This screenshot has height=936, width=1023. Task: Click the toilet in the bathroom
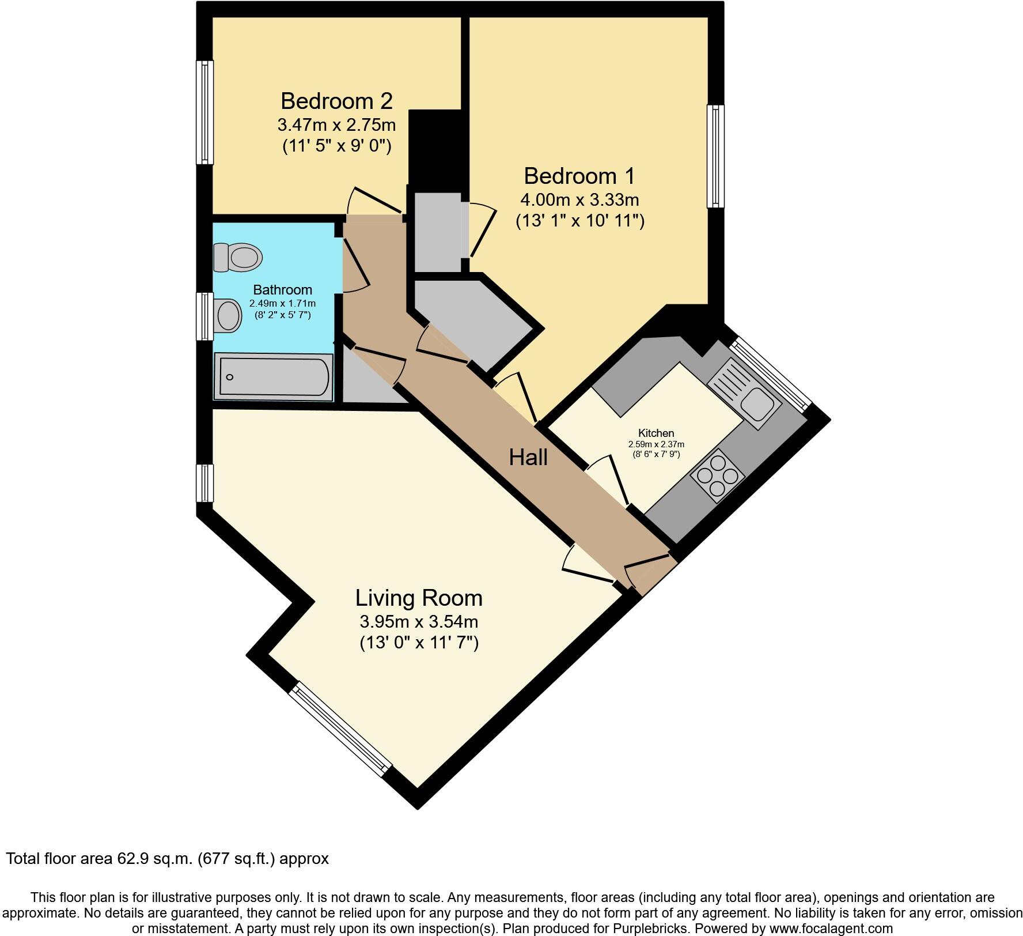click(237, 257)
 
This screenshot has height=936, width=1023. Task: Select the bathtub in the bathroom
click(274, 377)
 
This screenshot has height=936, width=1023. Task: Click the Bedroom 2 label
click(336, 101)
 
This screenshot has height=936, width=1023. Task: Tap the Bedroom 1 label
click(579, 175)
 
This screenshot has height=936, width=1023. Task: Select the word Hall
click(528, 458)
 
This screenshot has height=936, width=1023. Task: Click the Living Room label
click(419, 598)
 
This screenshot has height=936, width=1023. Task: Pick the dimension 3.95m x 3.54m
click(419, 622)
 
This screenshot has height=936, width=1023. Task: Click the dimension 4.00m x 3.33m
click(579, 200)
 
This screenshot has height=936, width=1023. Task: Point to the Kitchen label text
click(656, 433)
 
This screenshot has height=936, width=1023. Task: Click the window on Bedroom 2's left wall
click(204, 112)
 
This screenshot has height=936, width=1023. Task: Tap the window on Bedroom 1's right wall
click(715, 156)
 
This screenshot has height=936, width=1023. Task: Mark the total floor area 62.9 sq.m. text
click(167, 859)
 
